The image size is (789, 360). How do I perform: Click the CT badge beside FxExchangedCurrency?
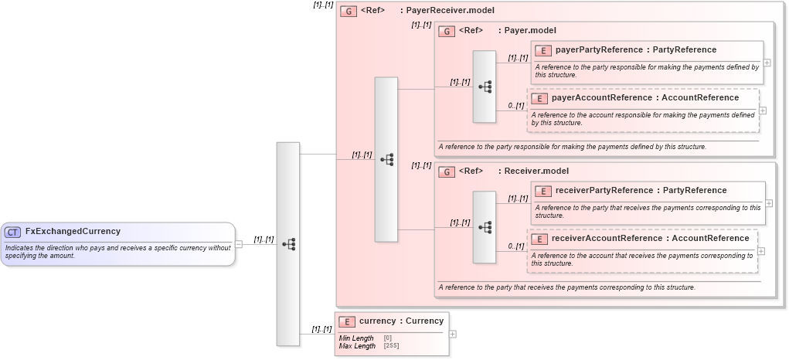[x=13, y=232]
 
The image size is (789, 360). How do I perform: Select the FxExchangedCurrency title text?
[x=73, y=231]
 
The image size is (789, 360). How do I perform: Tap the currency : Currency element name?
[x=401, y=321]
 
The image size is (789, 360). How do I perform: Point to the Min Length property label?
[x=356, y=338]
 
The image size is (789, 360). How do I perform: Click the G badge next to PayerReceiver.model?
[x=349, y=12]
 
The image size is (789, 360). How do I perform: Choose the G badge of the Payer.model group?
[x=447, y=32]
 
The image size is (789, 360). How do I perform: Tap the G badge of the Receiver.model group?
[x=447, y=172]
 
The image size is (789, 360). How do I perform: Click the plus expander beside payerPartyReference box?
[x=767, y=63]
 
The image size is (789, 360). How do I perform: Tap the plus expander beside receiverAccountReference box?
[x=762, y=250]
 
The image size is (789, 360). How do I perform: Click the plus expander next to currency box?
[x=453, y=334]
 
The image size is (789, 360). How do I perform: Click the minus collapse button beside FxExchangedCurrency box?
[x=239, y=244]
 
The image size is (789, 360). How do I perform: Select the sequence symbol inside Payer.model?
[x=485, y=87]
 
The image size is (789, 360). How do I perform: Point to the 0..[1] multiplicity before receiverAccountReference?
[x=515, y=246]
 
